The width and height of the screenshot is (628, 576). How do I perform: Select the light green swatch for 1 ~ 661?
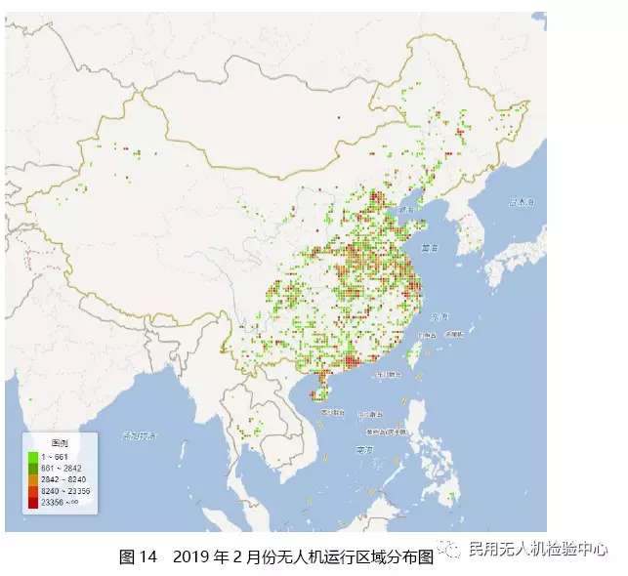(x=33, y=456)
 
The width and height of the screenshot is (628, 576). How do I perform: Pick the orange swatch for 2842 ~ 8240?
(x=33, y=479)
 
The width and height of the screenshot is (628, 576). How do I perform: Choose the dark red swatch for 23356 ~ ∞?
(x=33, y=502)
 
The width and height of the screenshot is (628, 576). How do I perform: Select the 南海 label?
(x=365, y=450)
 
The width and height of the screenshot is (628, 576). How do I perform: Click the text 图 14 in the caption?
(x=138, y=556)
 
